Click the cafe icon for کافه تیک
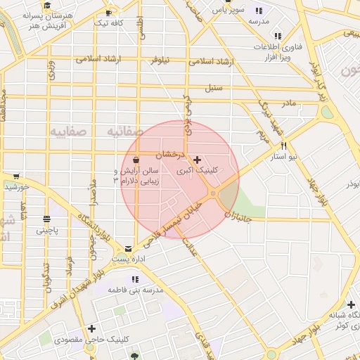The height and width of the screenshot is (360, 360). point(108,13)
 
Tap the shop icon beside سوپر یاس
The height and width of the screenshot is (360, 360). point(259,11)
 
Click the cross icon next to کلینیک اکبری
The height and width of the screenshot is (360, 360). point(197,160)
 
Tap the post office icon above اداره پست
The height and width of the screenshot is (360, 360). point(128,248)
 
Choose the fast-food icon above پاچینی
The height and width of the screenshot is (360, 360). point(47,218)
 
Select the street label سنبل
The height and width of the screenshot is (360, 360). point(213,89)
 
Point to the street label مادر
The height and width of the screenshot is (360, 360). point(289,103)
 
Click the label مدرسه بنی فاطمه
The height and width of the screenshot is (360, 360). point(136,290)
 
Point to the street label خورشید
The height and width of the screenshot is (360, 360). point(15,187)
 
